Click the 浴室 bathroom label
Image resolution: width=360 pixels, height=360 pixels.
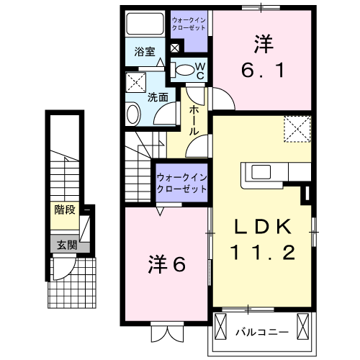coord(145,52)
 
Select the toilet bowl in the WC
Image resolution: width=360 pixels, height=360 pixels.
coord(186,71)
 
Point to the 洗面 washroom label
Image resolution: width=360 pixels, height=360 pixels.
coord(158,96)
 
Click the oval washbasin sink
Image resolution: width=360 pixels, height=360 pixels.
coord(134,113)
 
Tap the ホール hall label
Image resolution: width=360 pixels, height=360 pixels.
coord(194,120)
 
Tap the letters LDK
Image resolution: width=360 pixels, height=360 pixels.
coord(261,227)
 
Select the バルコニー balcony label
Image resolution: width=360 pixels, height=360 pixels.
coord(262,332)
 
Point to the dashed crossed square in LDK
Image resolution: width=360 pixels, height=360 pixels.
coord(296,129)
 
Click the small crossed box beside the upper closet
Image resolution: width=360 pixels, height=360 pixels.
coord(174,49)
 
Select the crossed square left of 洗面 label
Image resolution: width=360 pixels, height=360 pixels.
coord(135,81)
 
